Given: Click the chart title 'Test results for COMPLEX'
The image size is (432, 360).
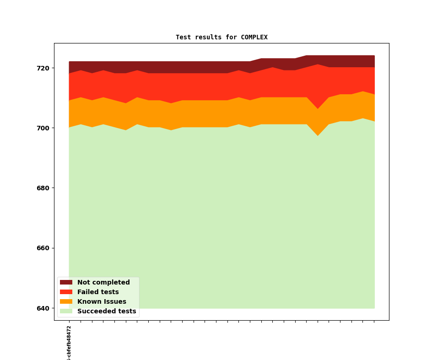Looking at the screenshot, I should click(221, 37).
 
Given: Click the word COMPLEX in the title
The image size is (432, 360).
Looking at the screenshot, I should click(254, 37).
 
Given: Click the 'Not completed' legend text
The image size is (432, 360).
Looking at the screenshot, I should click(103, 282).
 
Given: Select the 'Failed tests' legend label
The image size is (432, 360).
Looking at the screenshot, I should click(98, 292).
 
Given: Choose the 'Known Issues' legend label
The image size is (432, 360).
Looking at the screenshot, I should click(102, 301).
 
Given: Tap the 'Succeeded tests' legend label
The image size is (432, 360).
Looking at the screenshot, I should click(107, 311).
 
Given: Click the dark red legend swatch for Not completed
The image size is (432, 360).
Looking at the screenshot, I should click(66, 282).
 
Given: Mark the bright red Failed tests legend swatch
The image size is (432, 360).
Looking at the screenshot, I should click(66, 292).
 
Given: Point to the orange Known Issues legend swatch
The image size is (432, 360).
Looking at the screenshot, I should click(66, 301).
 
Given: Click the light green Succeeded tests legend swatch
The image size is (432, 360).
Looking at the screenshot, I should click(66, 311).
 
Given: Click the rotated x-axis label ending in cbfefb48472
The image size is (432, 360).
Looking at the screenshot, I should click(69, 343).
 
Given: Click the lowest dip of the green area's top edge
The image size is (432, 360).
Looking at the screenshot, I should click(318, 136).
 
